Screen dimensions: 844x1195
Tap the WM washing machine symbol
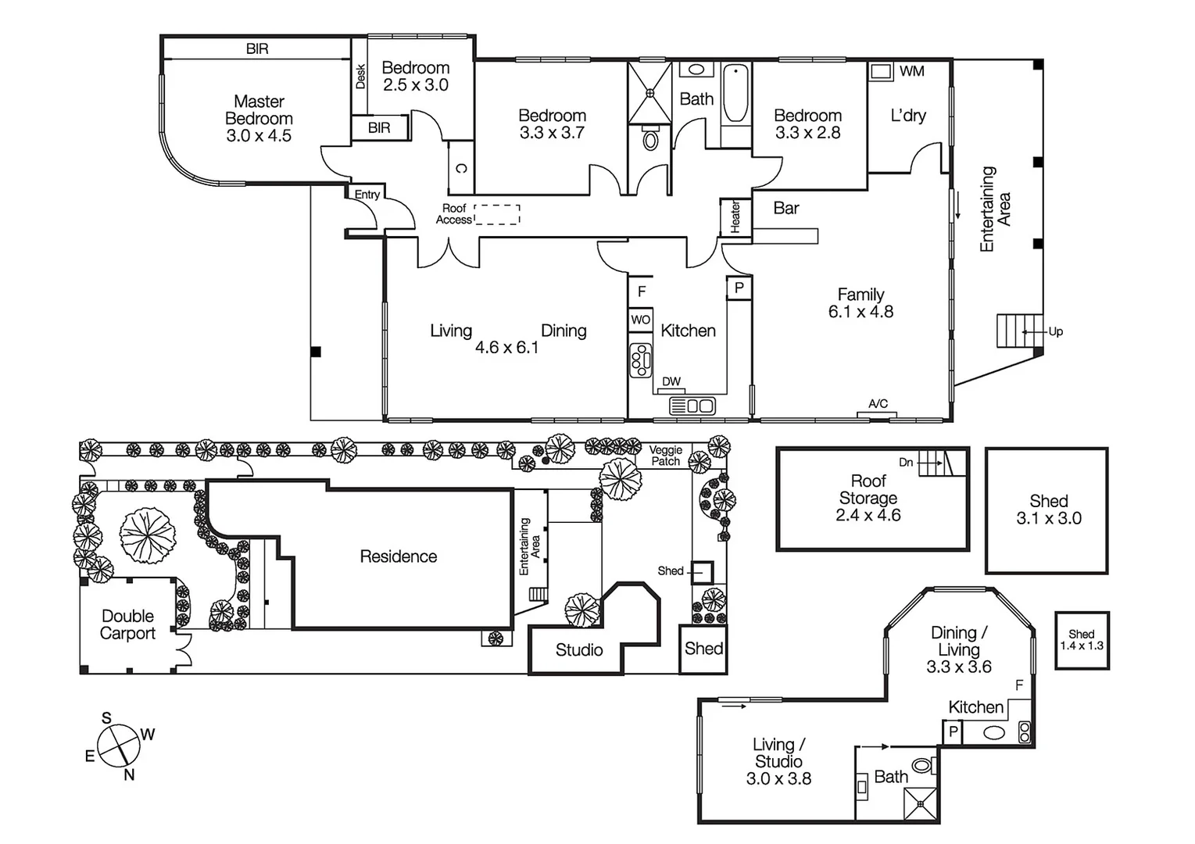882,71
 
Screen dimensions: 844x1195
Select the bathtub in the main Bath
735,94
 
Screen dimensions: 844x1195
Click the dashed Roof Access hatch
497,215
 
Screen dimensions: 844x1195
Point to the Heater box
735,217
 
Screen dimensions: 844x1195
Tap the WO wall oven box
641,320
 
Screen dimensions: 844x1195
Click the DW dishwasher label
671,381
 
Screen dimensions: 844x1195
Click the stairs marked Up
1018,331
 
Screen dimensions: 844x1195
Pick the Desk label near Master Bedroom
360,76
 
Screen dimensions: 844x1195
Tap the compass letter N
129,775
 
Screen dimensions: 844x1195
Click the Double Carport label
128,625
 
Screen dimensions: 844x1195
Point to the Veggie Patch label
666,456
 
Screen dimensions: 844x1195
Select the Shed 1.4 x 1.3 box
1082,640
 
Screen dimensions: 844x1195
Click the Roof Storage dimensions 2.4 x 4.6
868,516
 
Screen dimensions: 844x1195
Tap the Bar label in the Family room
786,208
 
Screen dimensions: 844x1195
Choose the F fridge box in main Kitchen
642,291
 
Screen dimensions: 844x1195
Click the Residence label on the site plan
398,556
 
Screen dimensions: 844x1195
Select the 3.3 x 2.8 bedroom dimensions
807,133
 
